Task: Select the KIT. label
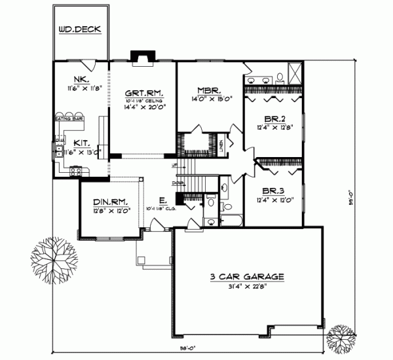click(x=81, y=142)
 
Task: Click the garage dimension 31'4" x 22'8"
click(x=247, y=287)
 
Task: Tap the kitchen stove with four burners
click(x=76, y=172)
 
